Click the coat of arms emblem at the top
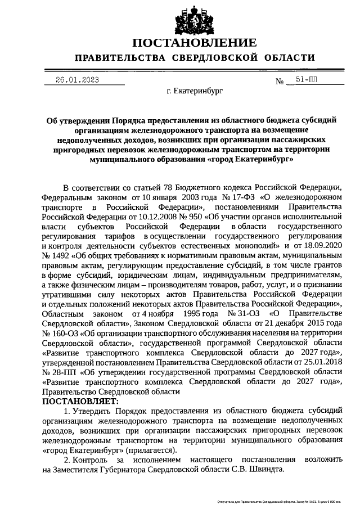pyautogui.click(x=180, y=18)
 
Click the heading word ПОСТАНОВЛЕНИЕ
pyautogui.click(x=195, y=43)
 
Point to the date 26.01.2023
pyautogui.click(x=77, y=80)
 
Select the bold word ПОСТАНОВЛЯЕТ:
pyautogui.click(x=80, y=402)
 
